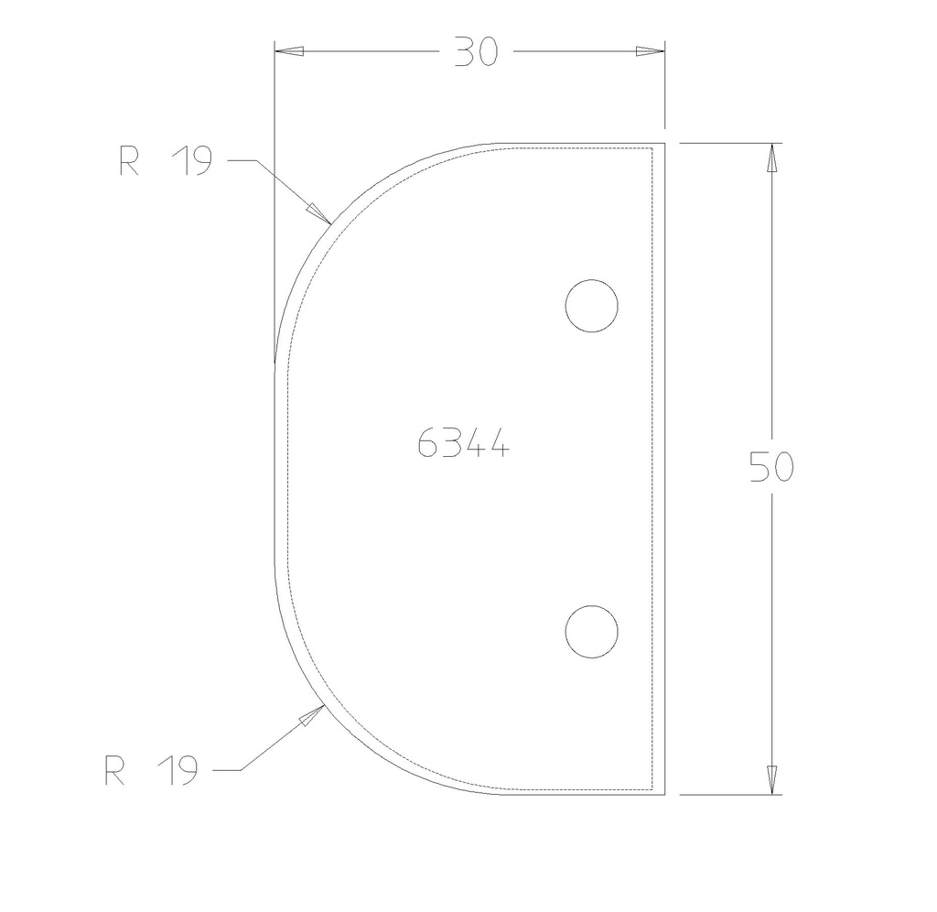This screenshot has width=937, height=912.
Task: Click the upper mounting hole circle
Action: (x=591, y=305)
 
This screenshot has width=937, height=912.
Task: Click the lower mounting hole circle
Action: (x=591, y=631)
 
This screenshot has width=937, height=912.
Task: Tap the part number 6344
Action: (x=462, y=445)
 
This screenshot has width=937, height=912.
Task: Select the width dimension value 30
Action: (x=476, y=53)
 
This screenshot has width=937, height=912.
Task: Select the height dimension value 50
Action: (x=771, y=467)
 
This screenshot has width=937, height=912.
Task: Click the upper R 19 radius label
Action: (x=166, y=162)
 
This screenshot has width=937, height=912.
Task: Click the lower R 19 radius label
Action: (x=151, y=771)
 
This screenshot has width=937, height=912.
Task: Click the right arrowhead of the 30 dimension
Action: (x=652, y=52)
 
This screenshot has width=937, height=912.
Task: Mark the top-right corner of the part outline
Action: (x=663, y=144)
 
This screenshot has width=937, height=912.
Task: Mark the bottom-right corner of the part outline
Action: (x=663, y=794)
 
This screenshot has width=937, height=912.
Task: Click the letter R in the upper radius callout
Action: (x=129, y=162)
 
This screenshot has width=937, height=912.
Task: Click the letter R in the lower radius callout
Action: (x=114, y=771)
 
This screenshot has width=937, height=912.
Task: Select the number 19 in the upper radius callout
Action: (x=191, y=162)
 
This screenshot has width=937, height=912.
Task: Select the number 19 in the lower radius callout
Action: (x=177, y=771)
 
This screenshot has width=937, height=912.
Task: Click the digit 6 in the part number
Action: (x=427, y=445)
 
